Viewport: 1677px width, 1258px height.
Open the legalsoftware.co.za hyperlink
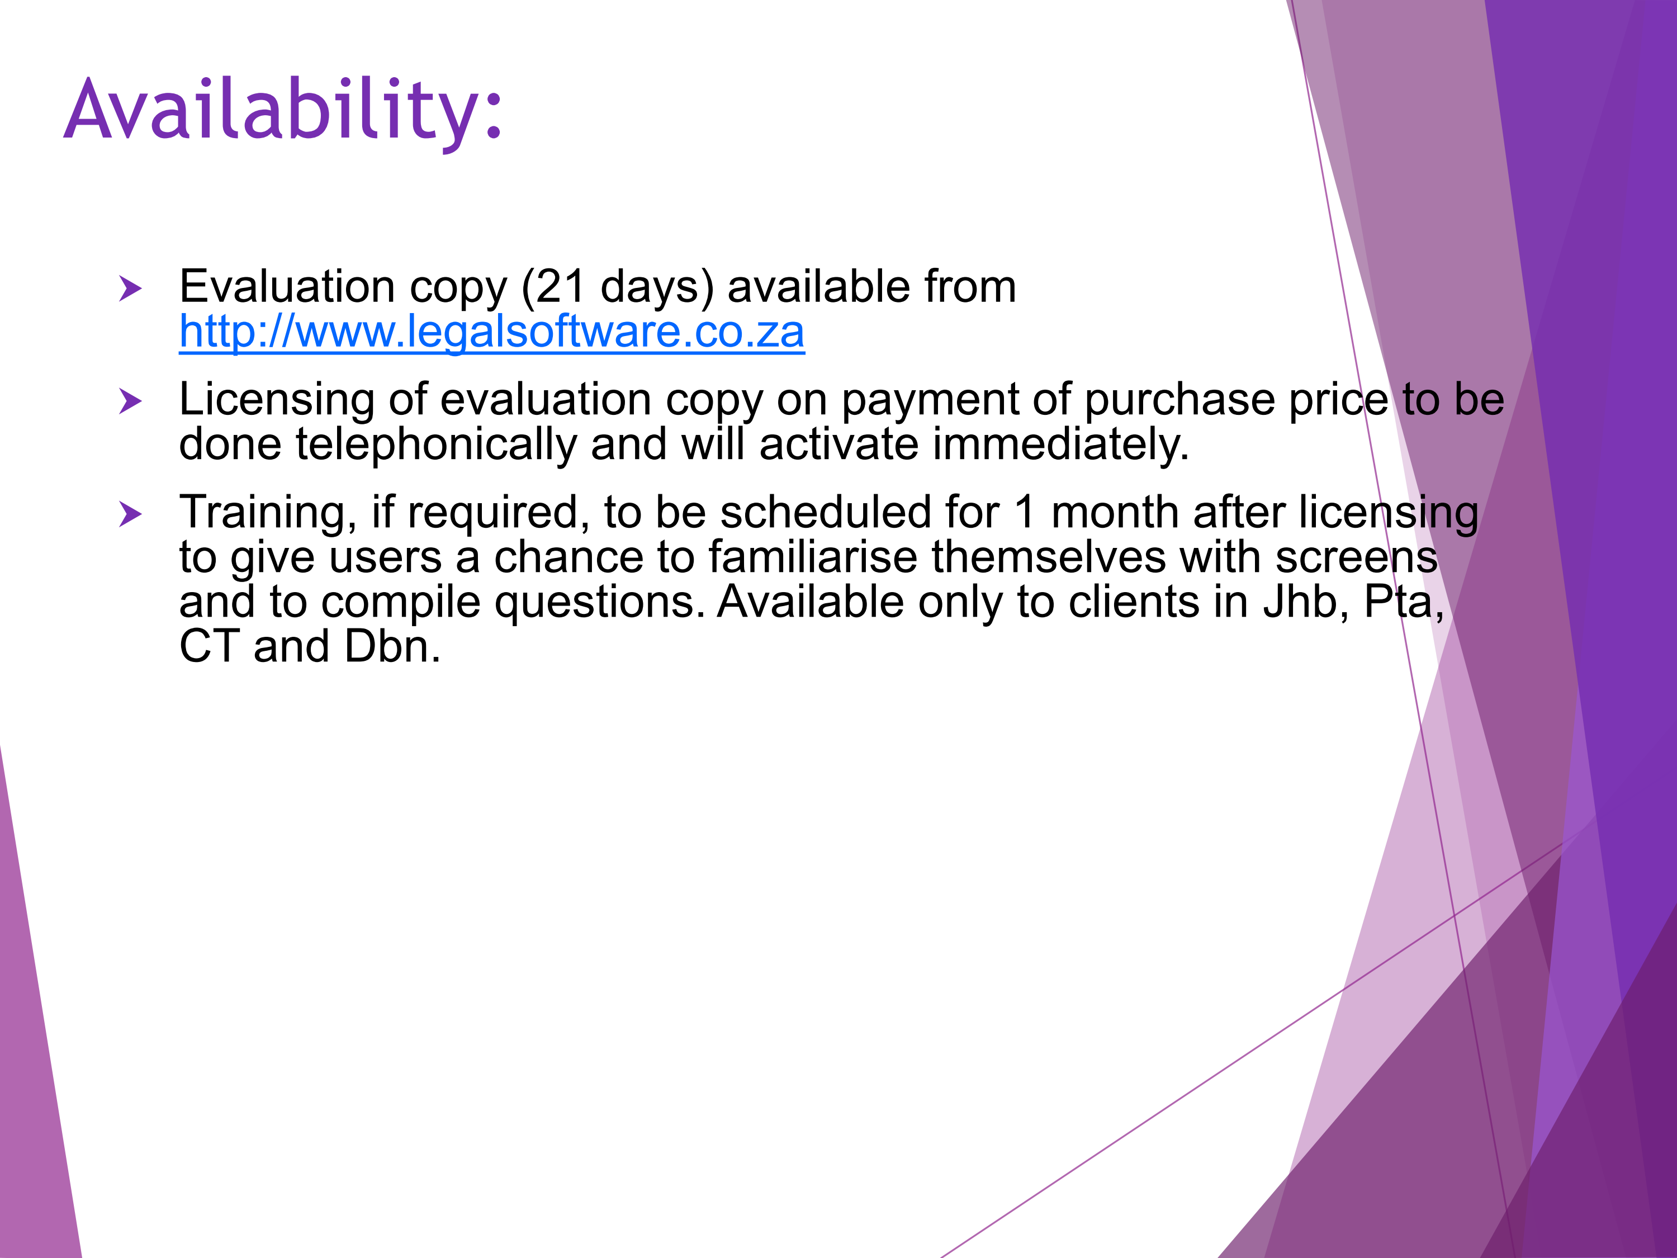point(491,332)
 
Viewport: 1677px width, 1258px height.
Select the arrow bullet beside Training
point(130,514)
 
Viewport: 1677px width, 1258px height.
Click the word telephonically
point(436,444)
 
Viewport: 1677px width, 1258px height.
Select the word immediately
point(1060,444)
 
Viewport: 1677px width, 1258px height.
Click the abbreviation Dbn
point(392,646)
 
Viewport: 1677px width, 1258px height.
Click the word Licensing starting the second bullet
point(277,401)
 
